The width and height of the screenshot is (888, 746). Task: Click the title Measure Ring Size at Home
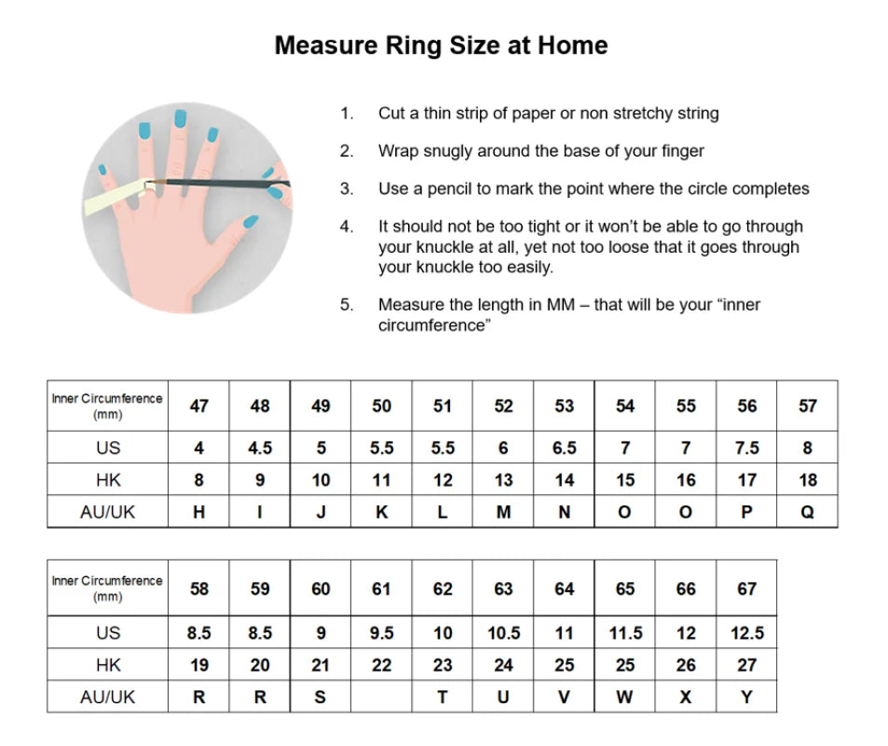pos(441,45)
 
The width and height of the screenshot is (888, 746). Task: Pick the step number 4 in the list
pos(346,227)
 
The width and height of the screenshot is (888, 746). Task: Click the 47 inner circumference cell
pos(198,406)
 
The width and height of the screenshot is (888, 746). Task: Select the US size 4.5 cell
pos(260,448)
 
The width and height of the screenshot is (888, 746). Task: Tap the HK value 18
pos(808,480)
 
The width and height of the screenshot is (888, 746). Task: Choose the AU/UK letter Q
pos(808,512)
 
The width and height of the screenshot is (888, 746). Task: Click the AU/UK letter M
pos(503,512)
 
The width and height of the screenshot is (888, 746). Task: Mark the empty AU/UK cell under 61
pos(381,698)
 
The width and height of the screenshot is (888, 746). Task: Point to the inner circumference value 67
pos(746,588)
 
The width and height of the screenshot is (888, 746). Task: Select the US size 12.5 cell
pos(746,633)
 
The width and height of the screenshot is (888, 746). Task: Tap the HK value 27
pos(746,666)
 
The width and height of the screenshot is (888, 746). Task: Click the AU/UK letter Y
pos(746,698)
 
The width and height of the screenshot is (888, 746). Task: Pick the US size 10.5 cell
pos(503,633)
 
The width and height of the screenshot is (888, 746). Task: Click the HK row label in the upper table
pos(108,480)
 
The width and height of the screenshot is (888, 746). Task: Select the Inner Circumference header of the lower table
pos(108,588)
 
